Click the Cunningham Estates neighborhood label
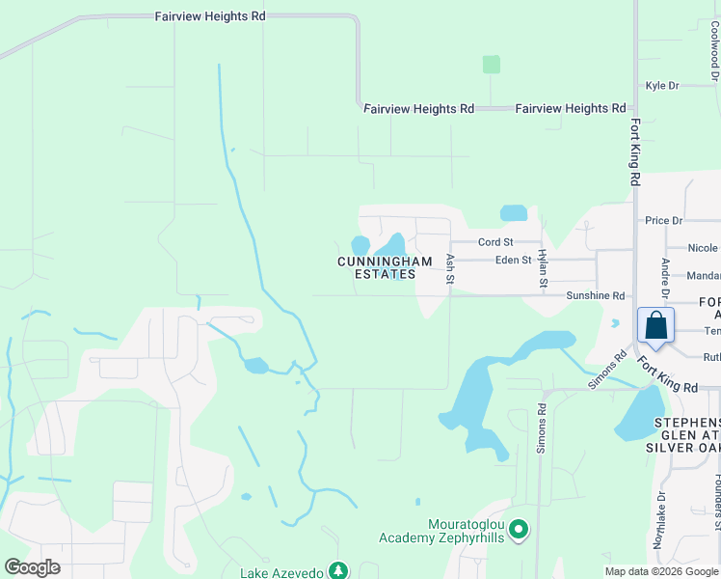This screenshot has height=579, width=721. tap(377, 267)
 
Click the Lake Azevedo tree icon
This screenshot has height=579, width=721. tap(337, 570)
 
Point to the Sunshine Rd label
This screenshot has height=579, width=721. tap(595, 296)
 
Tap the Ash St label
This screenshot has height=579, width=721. tap(450, 269)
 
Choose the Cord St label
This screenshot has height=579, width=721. tap(495, 242)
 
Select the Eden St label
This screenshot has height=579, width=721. tap(513, 261)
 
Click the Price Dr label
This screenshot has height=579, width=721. tap(664, 221)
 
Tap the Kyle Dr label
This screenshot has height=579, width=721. tap(662, 86)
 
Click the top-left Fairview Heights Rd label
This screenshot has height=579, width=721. tap(210, 16)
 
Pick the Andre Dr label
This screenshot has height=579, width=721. tap(665, 277)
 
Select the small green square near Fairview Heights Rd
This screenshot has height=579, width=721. tap(492, 65)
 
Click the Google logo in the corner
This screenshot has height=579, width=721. tap(33, 567)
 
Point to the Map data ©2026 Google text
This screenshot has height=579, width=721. tap(661, 571)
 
